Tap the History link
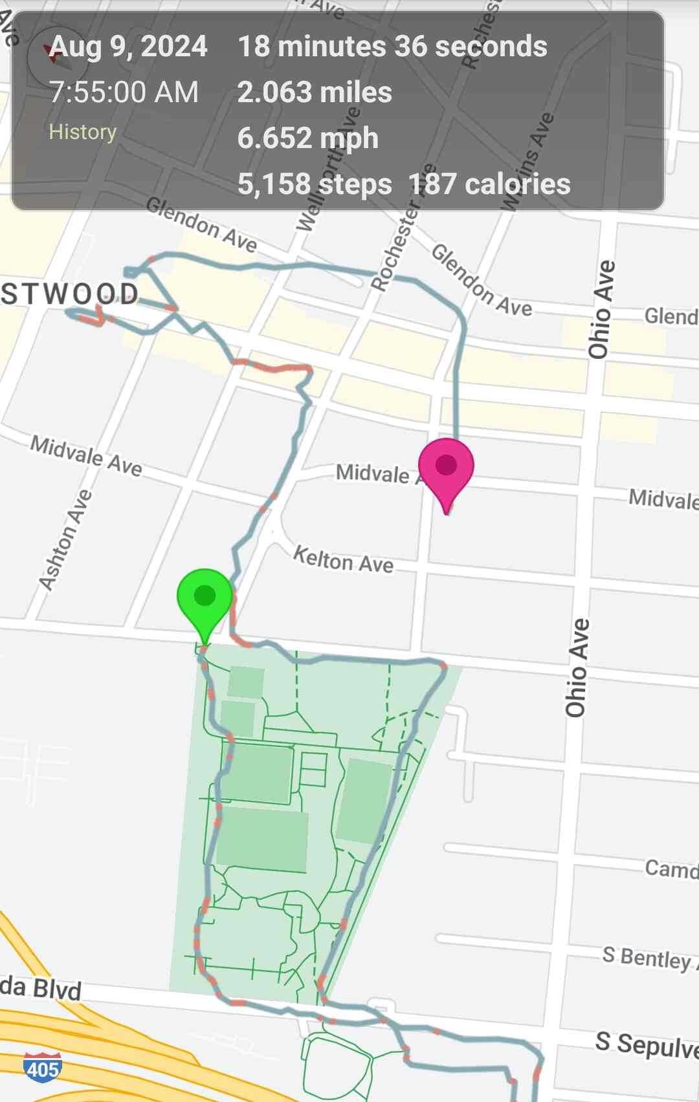pyautogui.click(x=83, y=132)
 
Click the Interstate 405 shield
pyautogui.click(x=43, y=1068)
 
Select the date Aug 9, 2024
pyautogui.click(x=129, y=47)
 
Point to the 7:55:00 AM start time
pyautogui.click(x=124, y=92)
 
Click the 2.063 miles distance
pyautogui.click(x=315, y=92)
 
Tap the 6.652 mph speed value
pyautogui.click(x=308, y=138)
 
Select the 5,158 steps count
pyautogui.click(x=315, y=184)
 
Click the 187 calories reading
pyautogui.click(x=489, y=184)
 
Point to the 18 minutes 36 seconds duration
pyautogui.click(x=392, y=47)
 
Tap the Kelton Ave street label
pyautogui.click(x=343, y=559)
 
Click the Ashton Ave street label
pyautogui.click(x=65, y=540)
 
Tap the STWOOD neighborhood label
pyautogui.click(x=70, y=294)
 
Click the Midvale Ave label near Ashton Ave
pyautogui.click(x=86, y=455)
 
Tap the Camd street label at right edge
pyautogui.click(x=671, y=869)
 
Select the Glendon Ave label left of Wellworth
pyautogui.click(x=201, y=224)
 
